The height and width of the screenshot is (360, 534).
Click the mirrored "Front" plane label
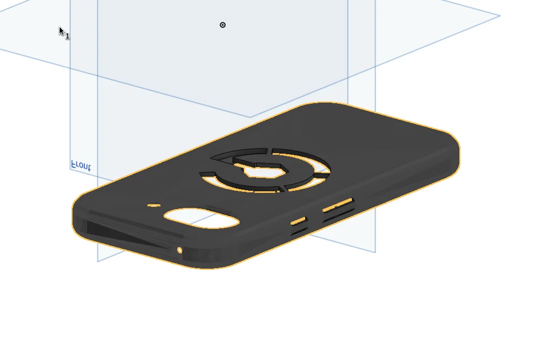(81, 165)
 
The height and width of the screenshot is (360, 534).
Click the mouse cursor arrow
(62, 32)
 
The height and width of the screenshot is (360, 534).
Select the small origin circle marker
(222, 25)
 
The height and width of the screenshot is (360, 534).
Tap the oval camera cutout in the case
(201, 218)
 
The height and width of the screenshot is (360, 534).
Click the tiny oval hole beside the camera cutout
(154, 205)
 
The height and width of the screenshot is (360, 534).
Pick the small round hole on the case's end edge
(179, 251)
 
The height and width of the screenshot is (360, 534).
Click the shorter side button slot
(299, 221)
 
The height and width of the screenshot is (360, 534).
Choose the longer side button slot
(338, 205)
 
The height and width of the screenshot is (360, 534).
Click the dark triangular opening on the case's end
(126, 234)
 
